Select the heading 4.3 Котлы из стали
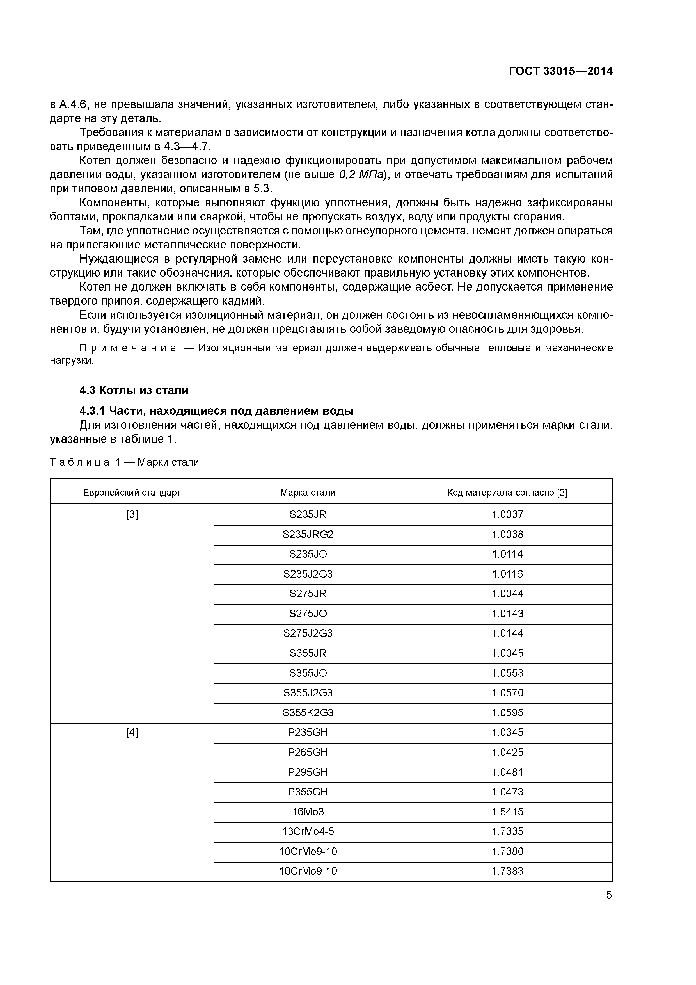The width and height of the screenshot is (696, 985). [134, 390]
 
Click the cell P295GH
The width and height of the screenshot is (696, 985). [308, 772]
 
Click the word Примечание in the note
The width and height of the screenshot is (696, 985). [113, 348]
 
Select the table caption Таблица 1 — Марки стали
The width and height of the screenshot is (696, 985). [124, 462]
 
